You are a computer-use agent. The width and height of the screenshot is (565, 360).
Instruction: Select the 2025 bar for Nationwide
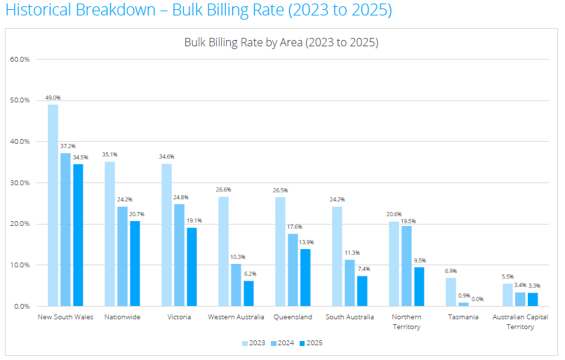click(x=135, y=263)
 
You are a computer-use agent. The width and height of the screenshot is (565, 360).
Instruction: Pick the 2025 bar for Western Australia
click(x=248, y=293)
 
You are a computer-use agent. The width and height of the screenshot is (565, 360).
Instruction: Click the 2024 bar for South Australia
click(x=349, y=283)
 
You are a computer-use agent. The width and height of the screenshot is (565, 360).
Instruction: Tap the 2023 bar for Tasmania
click(x=451, y=292)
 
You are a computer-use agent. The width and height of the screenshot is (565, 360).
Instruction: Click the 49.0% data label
click(x=53, y=98)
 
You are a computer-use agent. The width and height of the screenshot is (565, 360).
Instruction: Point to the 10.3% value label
click(x=236, y=258)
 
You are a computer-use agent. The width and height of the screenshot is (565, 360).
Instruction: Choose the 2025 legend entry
click(x=312, y=343)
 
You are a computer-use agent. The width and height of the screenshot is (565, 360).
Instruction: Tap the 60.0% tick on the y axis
click(x=20, y=59)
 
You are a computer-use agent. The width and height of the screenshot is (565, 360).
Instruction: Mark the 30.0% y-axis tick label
click(x=20, y=183)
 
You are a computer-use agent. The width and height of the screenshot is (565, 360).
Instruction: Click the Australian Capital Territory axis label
click(x=520, y=321)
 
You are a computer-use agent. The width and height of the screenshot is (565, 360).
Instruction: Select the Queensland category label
click(x=292, y=317)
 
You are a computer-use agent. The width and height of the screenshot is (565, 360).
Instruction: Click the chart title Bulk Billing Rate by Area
click(x=281, y=42)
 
